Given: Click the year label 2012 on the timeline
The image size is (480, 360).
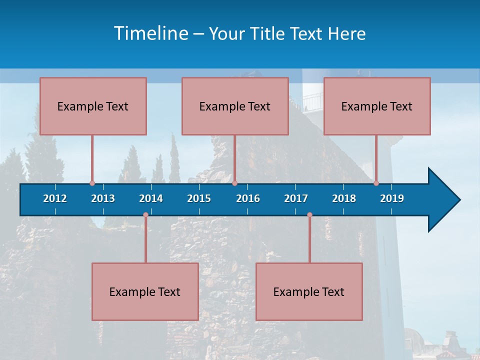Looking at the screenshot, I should click(x=55, y=198).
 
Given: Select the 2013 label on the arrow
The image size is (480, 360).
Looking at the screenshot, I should click(x=103, y=198).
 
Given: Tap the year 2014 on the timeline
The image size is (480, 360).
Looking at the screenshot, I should click(x=151, y=198).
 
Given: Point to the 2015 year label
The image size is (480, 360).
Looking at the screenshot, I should click(x=199, y=198).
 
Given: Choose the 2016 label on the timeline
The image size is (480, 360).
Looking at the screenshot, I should click(x=248, y=198).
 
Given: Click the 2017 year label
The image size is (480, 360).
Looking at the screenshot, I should click(x=296, y=198).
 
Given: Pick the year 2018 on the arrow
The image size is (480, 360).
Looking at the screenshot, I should click(x=344, y=198).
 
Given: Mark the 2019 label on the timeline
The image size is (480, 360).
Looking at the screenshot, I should click(x=392, y=198).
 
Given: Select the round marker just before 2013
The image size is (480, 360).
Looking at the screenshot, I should click(x=92, y=183).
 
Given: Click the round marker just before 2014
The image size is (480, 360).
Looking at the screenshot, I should click(x=145, y=215).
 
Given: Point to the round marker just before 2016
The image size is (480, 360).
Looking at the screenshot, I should click(x=234, y=183).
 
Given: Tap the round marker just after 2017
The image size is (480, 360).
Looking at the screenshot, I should click(x=309, y=215).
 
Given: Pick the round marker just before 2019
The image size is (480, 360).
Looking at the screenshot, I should click(x=376, y=183).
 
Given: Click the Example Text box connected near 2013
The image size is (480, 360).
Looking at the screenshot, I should click(x=93, y=106).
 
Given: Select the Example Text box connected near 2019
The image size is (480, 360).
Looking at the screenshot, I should click(x=377, y=106).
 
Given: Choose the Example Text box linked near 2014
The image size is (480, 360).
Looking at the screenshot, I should click(x=145, y=291).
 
